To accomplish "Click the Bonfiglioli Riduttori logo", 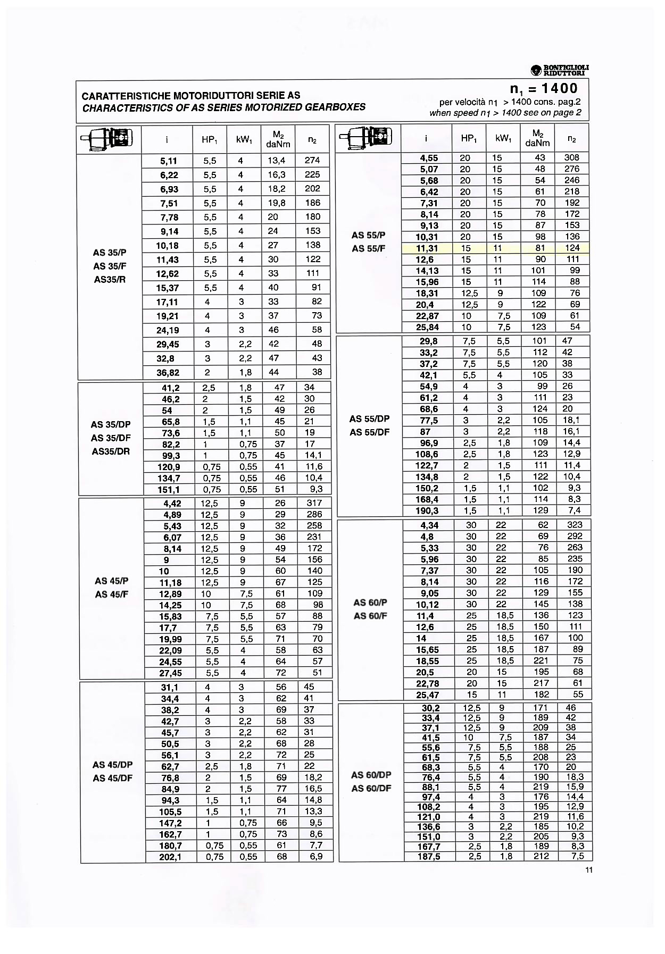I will (560, 70).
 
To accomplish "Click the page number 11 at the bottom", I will (588, 870).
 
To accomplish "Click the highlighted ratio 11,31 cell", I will (427, 248).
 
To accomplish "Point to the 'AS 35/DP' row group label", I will (111, 424).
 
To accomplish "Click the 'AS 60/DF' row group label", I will (371, 788).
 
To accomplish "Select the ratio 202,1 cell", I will (170, 857).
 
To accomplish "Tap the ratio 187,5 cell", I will (429, 856).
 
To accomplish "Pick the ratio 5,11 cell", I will (168, 161).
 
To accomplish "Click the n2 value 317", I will (314, 503).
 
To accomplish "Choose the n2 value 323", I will (575, 525).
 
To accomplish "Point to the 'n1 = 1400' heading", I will (544, 88).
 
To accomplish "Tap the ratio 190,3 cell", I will (428, 511).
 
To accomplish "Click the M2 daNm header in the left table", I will (278, 139).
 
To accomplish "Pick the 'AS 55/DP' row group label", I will (370, 419).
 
